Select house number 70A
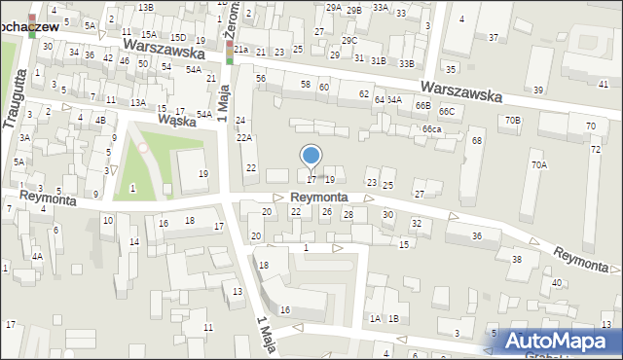(x=538, y=165)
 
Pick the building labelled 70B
(x=513, y=121)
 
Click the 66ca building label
(x=432, y=129)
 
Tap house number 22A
(x=244, y=138)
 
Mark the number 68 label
(x=477, y=141)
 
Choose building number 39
(x=538, y=90)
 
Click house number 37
(x=494, y=37)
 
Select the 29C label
(x=349, y=40)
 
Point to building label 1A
(x=375, y=318)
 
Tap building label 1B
(x=393, y=318)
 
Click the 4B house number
(x=100, y=120)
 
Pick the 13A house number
(x=138, y=102)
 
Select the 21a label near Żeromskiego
(x=241, y=50)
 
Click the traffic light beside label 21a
(x=230, y=52)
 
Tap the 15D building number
(x=178, y=37)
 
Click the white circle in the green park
(x=143, y=148)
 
